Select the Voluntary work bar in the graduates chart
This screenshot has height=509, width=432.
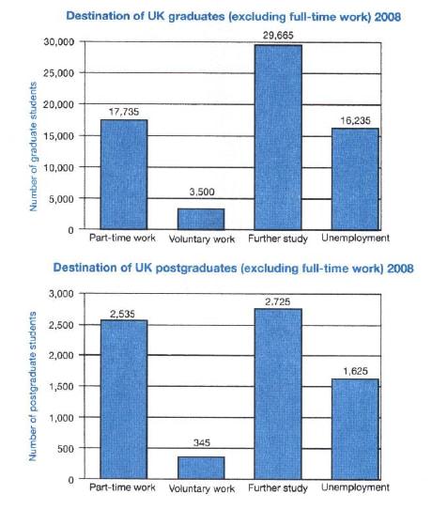(200, 218)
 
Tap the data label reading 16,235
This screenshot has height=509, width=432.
(354, 118)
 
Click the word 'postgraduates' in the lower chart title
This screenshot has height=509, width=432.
(194, 270)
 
